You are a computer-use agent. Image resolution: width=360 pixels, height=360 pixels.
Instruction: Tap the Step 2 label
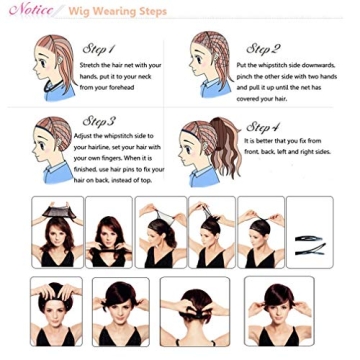[262, 48]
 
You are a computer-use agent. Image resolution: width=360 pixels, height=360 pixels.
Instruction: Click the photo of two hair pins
[310, 232]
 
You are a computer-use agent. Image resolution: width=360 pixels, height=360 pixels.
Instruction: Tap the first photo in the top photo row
[56, 232]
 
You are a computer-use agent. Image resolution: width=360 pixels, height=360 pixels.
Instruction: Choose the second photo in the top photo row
[108, 232]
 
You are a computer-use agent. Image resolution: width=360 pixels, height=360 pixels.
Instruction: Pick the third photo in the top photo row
[159, 232]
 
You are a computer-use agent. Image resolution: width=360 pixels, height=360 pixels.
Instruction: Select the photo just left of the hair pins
[260, 232]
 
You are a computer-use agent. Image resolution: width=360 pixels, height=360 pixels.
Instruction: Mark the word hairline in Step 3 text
[90, 147]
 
